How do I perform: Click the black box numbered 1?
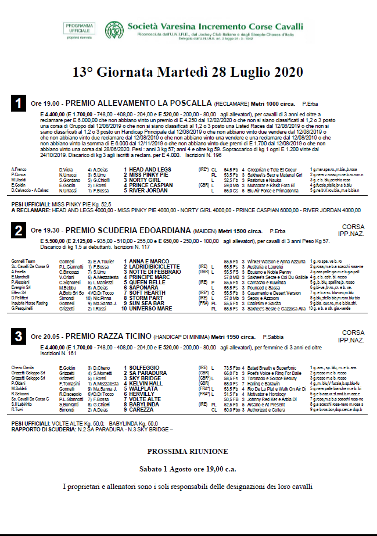tap(19, 103)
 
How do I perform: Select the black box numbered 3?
tap(19, 337)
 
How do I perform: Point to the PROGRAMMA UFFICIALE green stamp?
tap(81, 30)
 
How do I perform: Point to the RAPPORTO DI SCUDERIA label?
tap(42, 429)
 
